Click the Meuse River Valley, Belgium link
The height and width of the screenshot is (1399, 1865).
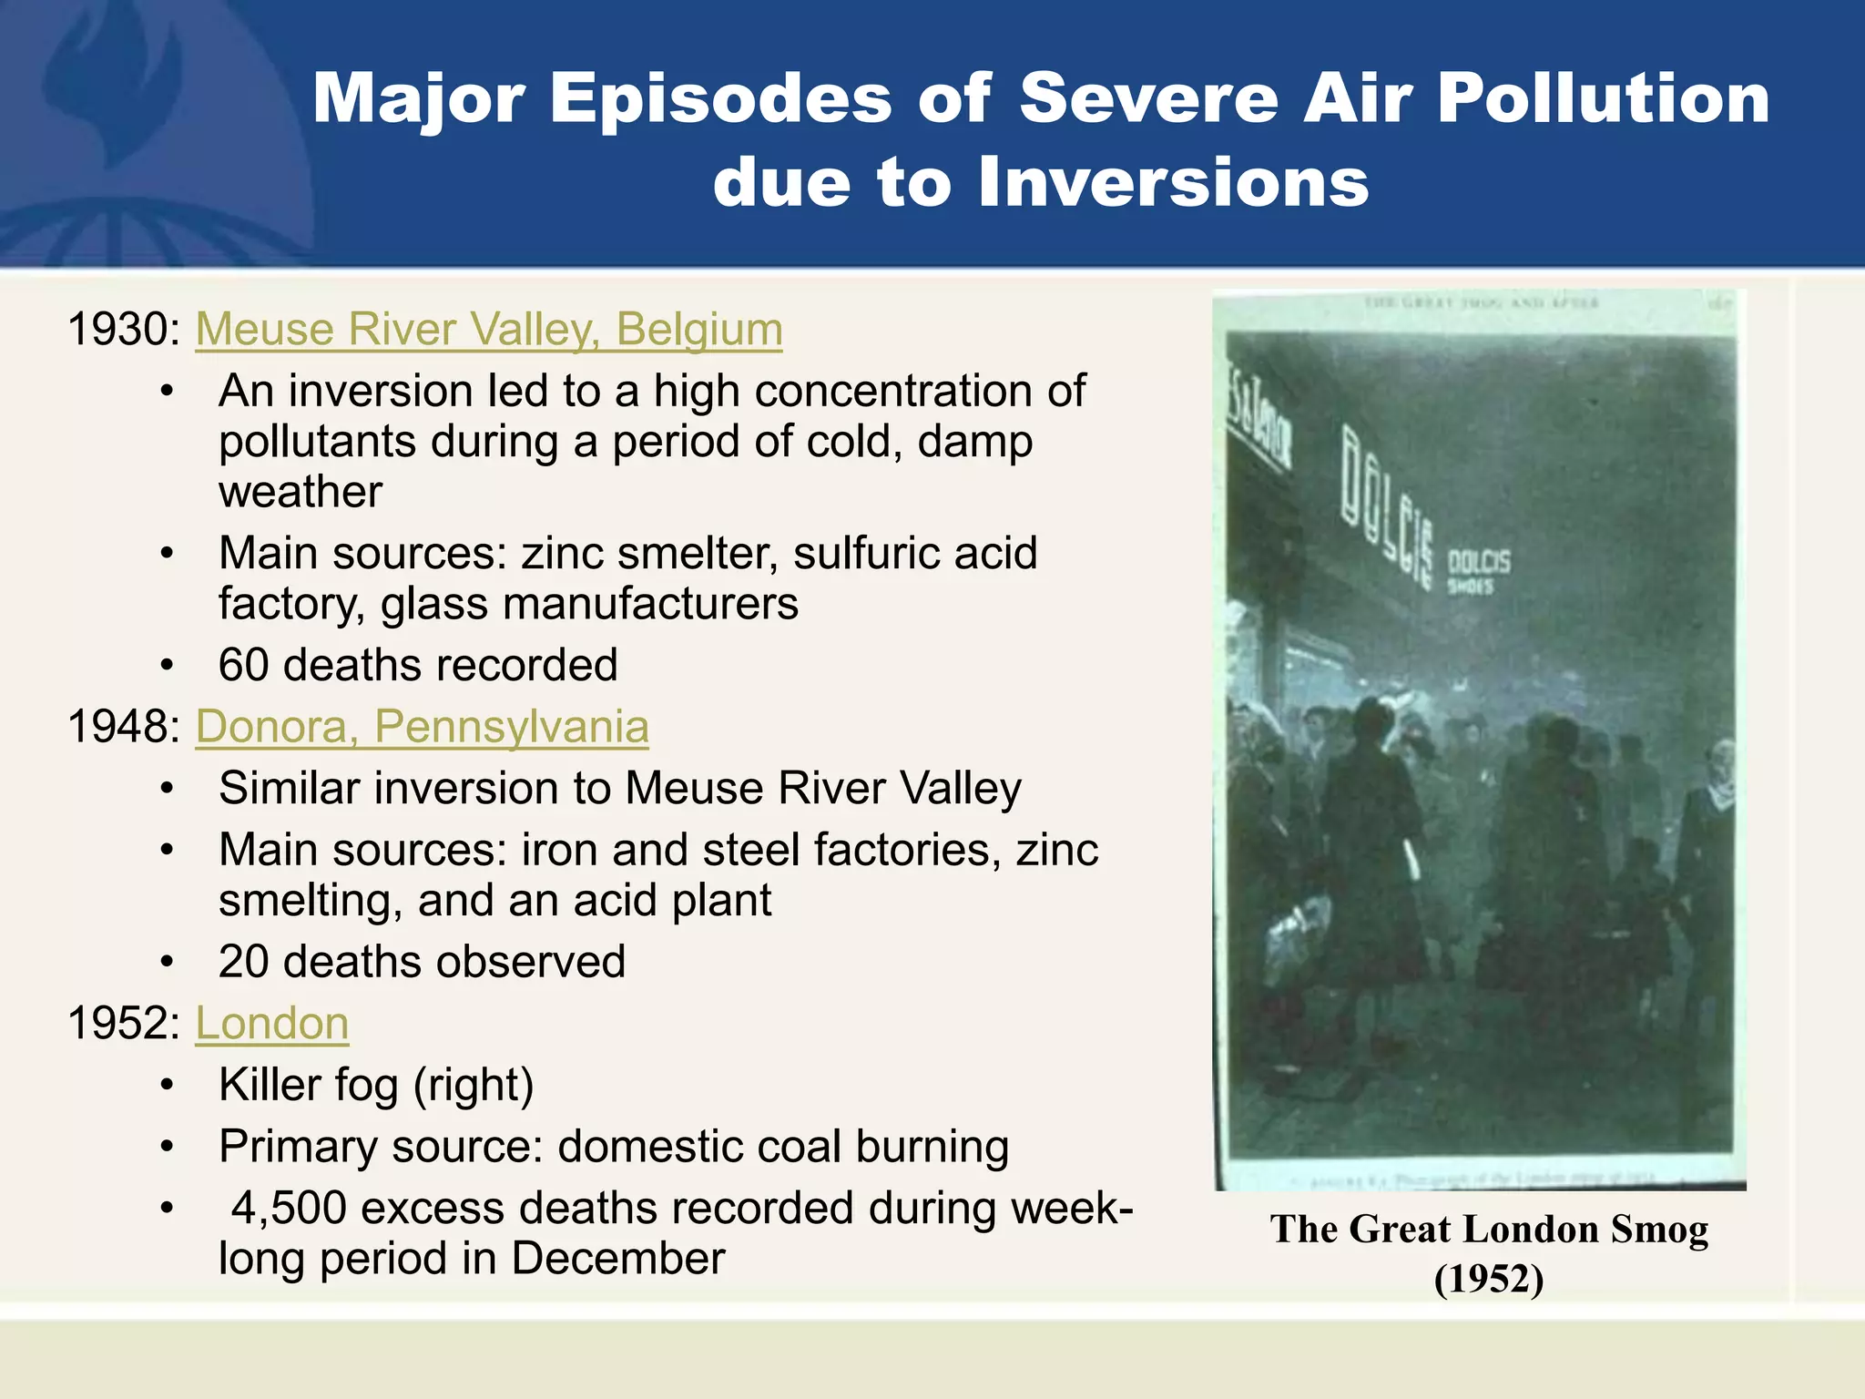point(489,330)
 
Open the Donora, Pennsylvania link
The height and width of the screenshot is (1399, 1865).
point(422,727)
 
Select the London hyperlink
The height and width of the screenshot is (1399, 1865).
point(272,1024)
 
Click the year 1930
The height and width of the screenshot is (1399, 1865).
point(123,330)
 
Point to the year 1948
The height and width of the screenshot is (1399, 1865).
point(123,727)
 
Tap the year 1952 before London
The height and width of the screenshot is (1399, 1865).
point(123,1024)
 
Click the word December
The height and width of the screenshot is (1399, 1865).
point(618,1260)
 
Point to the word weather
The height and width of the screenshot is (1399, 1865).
point(301,493)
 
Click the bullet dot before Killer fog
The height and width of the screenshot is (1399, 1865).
point(167,1086)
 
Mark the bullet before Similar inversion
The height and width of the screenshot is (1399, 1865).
point(167,789)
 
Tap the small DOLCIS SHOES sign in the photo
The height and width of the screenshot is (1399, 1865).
point(1478,570)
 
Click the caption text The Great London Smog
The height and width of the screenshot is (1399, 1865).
point(1489,1230)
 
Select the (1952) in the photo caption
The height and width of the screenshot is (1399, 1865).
point(1489,1279)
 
